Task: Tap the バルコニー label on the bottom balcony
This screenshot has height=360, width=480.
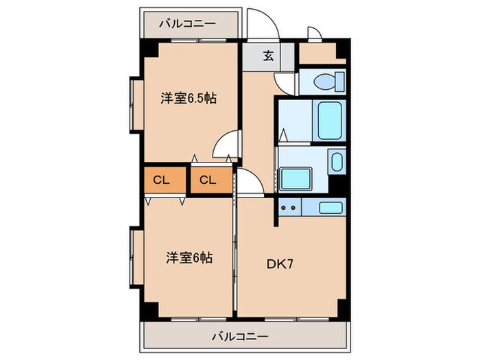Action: coord(239,337)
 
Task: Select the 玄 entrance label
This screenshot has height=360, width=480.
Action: coord(269,56)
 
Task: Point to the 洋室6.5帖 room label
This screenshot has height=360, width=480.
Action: coord(189,98)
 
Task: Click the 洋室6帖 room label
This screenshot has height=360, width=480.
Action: coord(188,258)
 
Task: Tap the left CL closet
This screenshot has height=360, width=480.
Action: coord(162,181)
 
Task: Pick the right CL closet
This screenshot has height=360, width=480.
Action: coord(208,181)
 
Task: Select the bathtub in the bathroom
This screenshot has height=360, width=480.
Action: coord(329,120)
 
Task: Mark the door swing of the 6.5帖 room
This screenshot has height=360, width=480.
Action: coord(226,147)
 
